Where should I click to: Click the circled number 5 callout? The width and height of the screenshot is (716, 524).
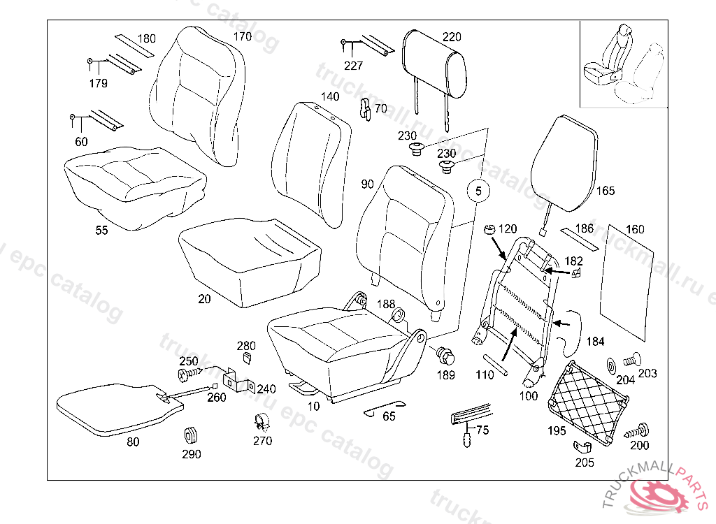pos(478,190)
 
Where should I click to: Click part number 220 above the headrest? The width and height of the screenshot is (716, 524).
pos(452,37)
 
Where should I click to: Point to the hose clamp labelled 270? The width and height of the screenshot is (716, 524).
pos(262,421)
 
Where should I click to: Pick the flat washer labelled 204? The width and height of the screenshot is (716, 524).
pos(610,364)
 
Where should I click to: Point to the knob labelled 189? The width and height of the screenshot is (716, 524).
pos(445,357)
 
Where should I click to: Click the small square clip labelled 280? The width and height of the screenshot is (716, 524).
pos(247,358)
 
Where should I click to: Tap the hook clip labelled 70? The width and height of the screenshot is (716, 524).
pos(364,109)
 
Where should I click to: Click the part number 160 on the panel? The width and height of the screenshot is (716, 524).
pos(635,229)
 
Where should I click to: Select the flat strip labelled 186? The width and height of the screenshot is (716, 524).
pos(578,238)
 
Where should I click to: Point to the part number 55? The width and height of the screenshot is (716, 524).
pos(102,231)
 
